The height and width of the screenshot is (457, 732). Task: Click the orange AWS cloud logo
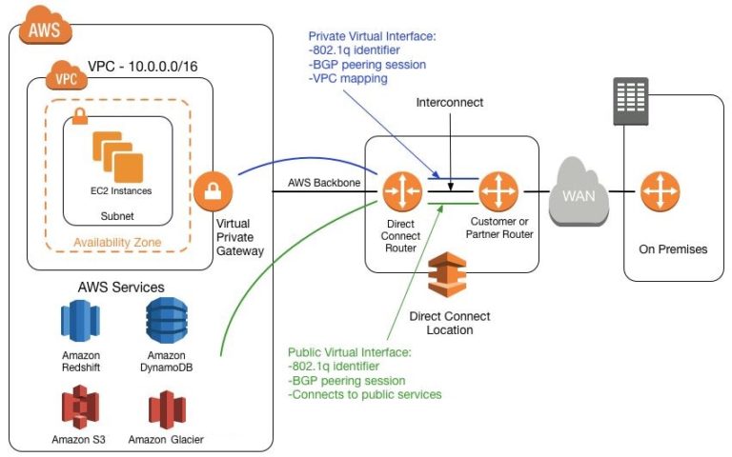pyautogui.click(x=43, y=28)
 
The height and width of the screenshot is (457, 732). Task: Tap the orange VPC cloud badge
pyautogui.click(x=64, y=77)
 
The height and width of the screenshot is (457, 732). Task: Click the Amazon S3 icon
pyautogui.click(x=80, y=407)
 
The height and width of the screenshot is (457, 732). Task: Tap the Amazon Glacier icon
pyautogui.click(x=166, y=407)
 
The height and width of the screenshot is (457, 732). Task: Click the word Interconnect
pyautogui.click(x=452, y=101)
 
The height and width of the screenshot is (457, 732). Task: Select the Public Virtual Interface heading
pyautogui.click(x=349, y=352)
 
